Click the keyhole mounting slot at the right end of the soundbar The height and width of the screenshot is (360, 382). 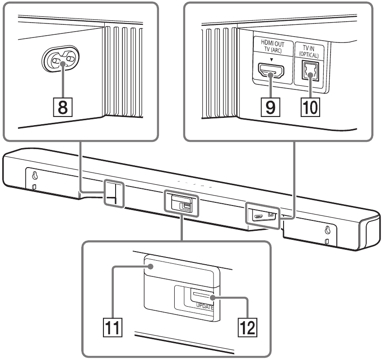[328, 231]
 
